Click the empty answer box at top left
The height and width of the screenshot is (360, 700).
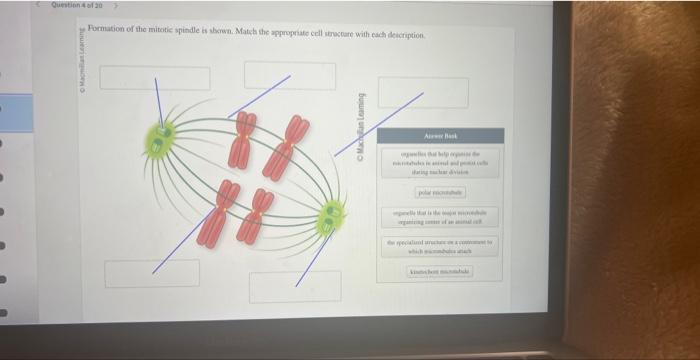[x=155, y=77]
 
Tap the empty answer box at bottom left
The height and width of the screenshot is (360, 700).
[x=152, y=272]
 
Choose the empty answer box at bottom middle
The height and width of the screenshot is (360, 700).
[x=288, y=285]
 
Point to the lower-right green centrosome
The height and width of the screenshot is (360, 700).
[x=330, y=214]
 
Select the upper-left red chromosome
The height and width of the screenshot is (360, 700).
[x=242, y=140]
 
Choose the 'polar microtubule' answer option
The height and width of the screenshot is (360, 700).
[x=440, y=190]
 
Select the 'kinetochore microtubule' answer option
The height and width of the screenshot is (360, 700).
[x=440, y=272]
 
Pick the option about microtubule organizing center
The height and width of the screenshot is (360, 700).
[x=440, y=218]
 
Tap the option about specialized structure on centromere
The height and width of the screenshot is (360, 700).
[x=440, y=247]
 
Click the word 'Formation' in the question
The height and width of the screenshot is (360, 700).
[x=107, y=33]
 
